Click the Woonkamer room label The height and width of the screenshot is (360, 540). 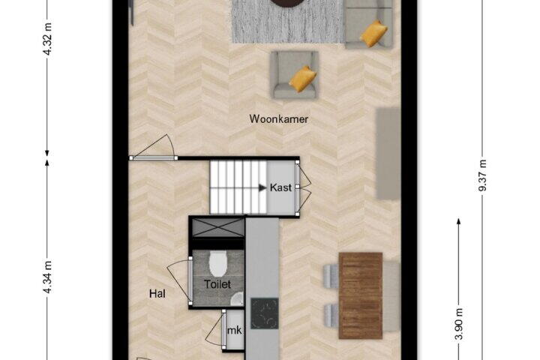click(278, 119)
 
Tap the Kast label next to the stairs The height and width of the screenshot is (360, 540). click(280, 187)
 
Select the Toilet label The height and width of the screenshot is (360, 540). click(217, 284)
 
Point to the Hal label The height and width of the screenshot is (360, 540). click(157, 293)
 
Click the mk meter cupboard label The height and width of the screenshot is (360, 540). click(234, 330)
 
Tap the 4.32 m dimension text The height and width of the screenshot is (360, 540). click(48, 39)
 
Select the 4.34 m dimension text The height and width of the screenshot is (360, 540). click(48, 277)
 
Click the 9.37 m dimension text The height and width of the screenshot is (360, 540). click(482, 175)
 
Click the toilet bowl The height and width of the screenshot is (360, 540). click(218, 263)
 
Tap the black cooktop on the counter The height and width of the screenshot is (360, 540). click(265, 313)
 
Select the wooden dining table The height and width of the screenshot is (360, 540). click(361, 295)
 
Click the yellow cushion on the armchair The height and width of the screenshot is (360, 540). click(303, 79)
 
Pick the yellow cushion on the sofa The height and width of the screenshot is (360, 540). click(373, 34)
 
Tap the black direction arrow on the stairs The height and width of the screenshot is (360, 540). click(262, 187)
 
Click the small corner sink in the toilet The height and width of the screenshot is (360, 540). click(238, 299)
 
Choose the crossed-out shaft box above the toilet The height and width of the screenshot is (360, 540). click(218, 228)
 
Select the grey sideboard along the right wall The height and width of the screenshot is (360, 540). click(388, 154)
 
